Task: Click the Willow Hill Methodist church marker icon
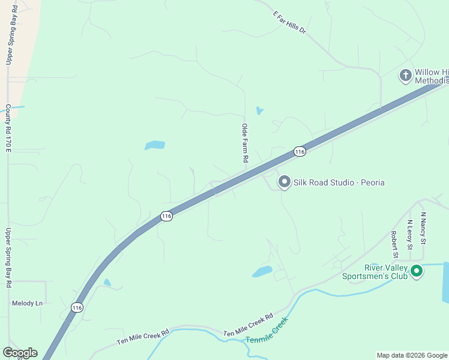405,76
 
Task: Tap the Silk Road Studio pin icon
284,182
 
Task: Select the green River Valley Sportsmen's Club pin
416,272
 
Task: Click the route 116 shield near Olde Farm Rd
300,152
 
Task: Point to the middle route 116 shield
166,216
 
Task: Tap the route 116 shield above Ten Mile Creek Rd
76,307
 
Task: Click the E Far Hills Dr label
289,22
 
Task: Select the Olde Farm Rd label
245,143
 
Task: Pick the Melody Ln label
28,304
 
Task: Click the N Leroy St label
410,234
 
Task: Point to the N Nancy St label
423,228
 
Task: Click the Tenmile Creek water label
267,330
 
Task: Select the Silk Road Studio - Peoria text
339,182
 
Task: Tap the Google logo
20,352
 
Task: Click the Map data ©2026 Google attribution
412,355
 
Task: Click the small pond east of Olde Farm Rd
259,110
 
